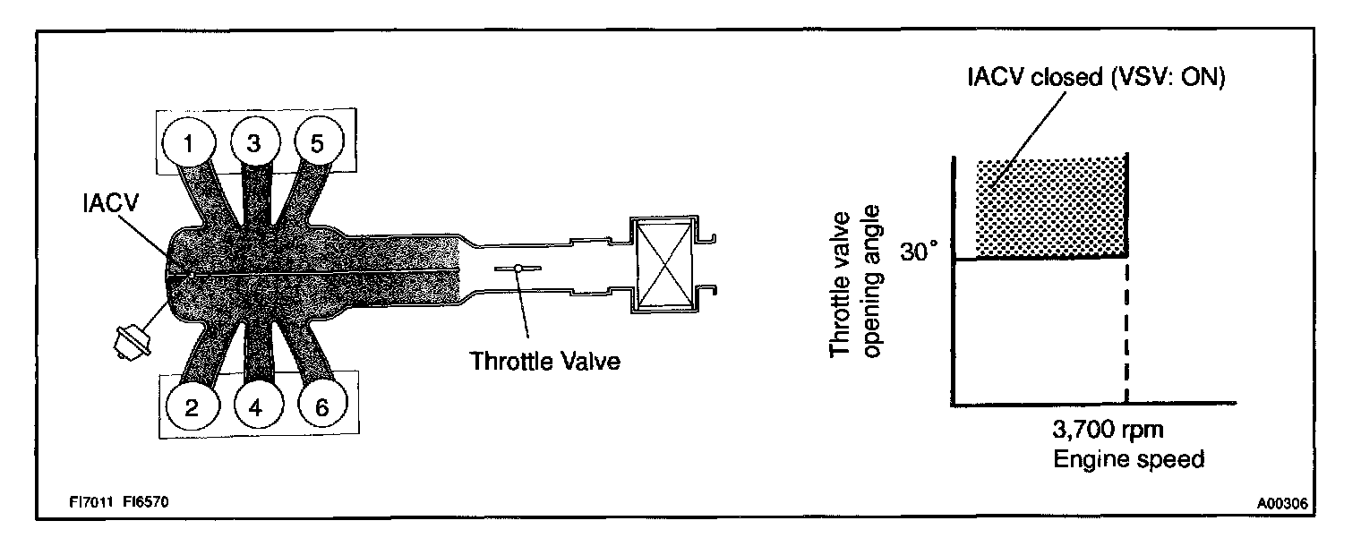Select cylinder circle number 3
pos(253,143)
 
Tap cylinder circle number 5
pos(318,143)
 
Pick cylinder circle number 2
pos(192,407)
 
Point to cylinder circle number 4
pos(256,407)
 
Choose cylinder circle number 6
pos(321,407)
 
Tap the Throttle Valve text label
pos(545,363)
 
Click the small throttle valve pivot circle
pos(518,269)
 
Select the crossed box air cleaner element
pos(663,266)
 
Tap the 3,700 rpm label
pos(1108,431)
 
